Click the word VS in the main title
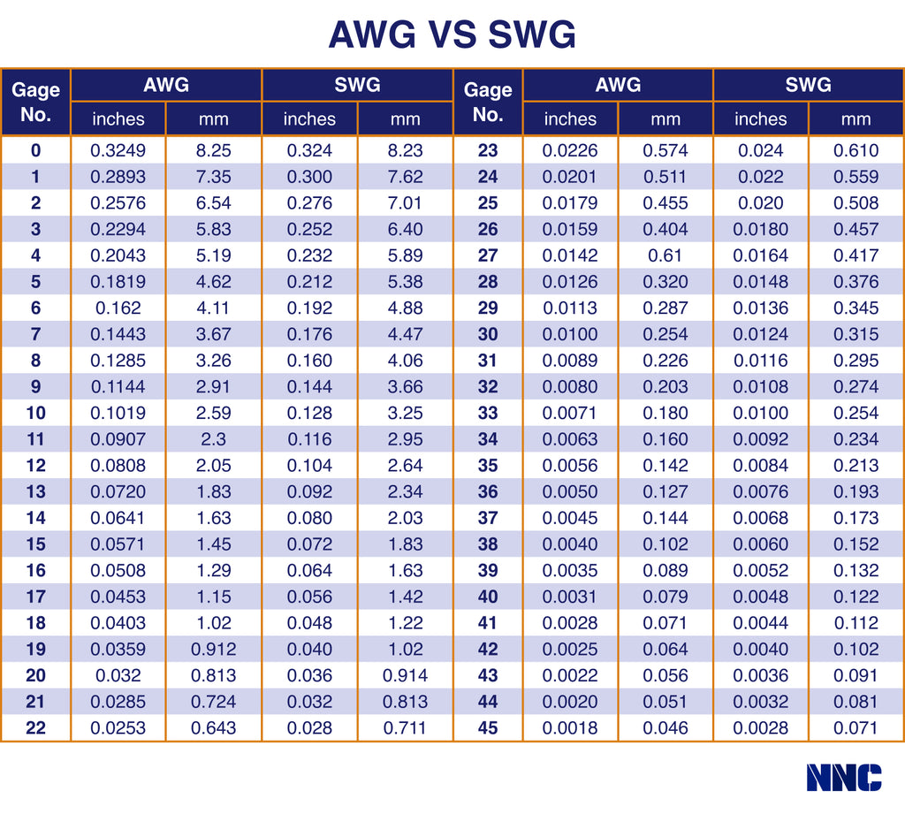pos(452,35)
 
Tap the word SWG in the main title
pos(531,35)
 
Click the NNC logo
pos(843,777)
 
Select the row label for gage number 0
pos(36,150)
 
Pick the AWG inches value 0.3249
pos(118,150)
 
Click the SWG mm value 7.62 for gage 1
pos(405,177)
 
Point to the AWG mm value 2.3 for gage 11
pos(213,439)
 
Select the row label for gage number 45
pos(488,728)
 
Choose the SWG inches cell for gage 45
pos(760,728)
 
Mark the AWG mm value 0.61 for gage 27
pos(665,255)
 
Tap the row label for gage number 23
pos(488,150)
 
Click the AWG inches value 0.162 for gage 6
pos(118,308)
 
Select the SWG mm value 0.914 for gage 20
pos(405,675)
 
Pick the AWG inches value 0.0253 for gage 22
pos(118,728)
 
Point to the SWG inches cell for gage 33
pos(760,413)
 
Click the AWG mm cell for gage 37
pos(665,518)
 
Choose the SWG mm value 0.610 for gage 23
pos(856,150)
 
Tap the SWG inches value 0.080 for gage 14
pos(309,518)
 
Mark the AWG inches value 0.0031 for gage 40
pos(570,597)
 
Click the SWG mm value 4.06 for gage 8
pos(405,361)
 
